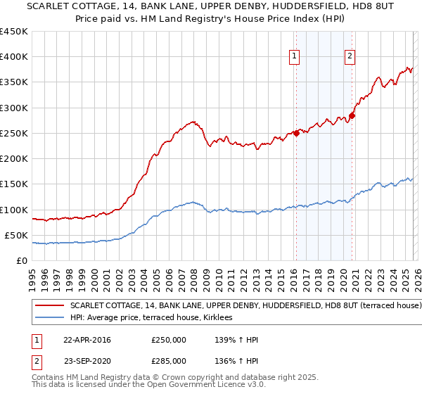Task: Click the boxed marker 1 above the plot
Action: pyautogui.click(x=293, y=58)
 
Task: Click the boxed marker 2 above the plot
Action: pyautogui.click(x=350, y=58)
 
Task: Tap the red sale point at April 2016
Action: pyautogui.click(x=296, y=134)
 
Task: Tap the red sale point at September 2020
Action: pyautogui.click(x=352, y=116)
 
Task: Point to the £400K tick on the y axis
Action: pyautogui.click(x=15, y=57)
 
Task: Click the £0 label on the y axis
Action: pyautogui.click(x=23, y=260)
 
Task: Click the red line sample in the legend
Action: pyautogui.click(x=49, y=306)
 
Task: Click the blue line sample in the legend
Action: pyautogui.click(x=49, y=318)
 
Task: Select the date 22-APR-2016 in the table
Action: pyautogui.click(x=87, y=340)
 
